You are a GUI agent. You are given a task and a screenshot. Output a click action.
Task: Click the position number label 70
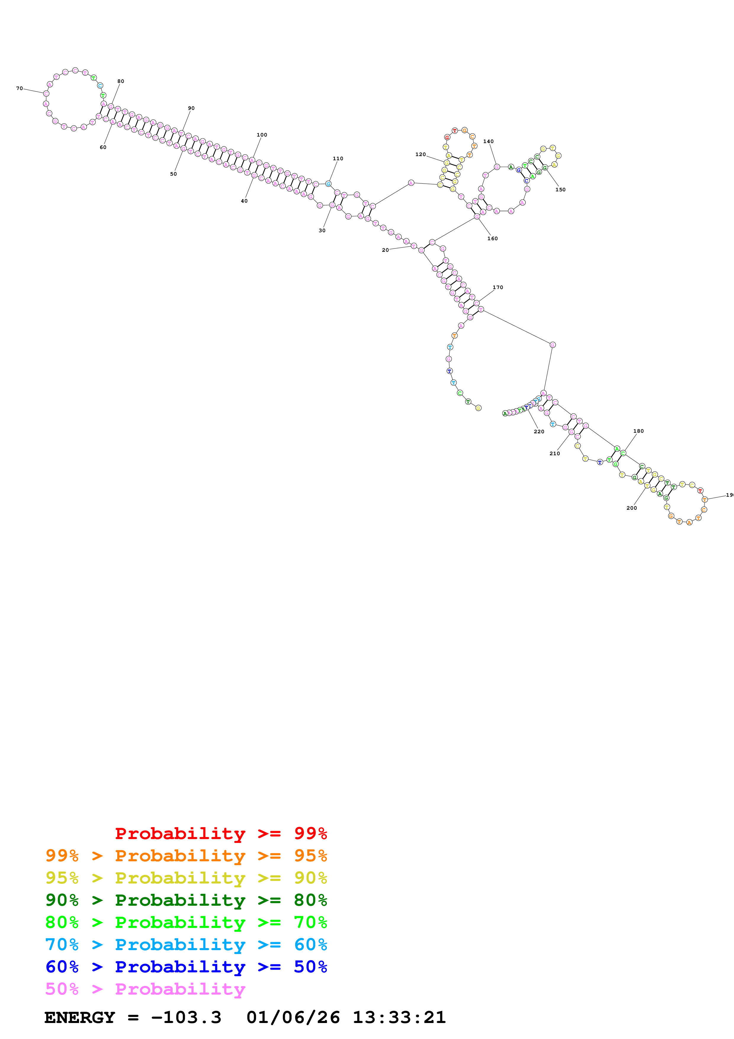(x=20, y=88)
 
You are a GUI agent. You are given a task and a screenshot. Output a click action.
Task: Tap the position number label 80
(x=121, y=81)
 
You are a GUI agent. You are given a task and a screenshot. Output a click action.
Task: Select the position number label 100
(x=262, y=135)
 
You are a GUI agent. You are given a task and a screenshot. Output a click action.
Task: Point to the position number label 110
(x=338, y=158)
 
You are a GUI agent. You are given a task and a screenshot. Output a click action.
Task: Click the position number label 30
(x=322, y=230)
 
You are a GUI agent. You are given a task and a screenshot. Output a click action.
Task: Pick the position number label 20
(x=385, y=250)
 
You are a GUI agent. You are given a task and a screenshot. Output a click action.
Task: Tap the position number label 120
(x=420, y=154)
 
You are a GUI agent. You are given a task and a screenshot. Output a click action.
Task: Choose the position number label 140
(x=489, y=141)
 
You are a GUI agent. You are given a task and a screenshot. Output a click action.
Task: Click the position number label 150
(x=560, y=190)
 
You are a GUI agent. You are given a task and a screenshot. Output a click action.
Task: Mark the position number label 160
(x=492, y=238)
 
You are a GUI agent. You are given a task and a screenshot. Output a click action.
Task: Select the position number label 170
(x=498, y=287)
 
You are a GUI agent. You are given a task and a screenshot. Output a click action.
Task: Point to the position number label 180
(x=639, y=431)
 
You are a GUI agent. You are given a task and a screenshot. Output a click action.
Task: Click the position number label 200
(x=632, y=508)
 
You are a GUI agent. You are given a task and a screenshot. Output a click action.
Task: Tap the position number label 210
(x=555, y=453)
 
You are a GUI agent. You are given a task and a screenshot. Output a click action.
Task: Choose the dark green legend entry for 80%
(x=186, y=900)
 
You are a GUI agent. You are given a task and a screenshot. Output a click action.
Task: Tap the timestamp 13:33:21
(x=399, y=1017)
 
